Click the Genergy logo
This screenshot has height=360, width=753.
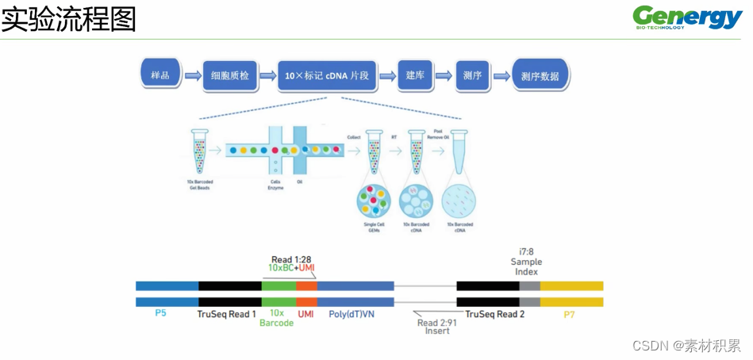(687, 17)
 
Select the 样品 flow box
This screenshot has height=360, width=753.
(159, 75)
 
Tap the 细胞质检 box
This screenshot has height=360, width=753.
(230, 76)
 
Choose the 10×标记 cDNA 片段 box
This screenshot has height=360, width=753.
(326, 76)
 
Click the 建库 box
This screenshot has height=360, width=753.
(415, 75)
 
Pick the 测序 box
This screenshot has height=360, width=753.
(472, 76)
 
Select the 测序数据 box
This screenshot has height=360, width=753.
(540, 76)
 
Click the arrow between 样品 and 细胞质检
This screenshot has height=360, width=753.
(192, 77)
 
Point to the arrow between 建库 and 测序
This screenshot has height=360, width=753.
(444, 76)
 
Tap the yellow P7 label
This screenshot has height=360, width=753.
(570, 315)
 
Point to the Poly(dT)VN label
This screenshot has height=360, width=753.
(354, 315)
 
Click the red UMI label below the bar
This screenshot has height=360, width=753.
(306, 315)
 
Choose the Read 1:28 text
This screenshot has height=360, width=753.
(291, 259)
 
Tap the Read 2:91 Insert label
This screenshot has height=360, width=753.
(436, 326)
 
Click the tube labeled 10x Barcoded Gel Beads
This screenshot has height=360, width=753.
(199, 151)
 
